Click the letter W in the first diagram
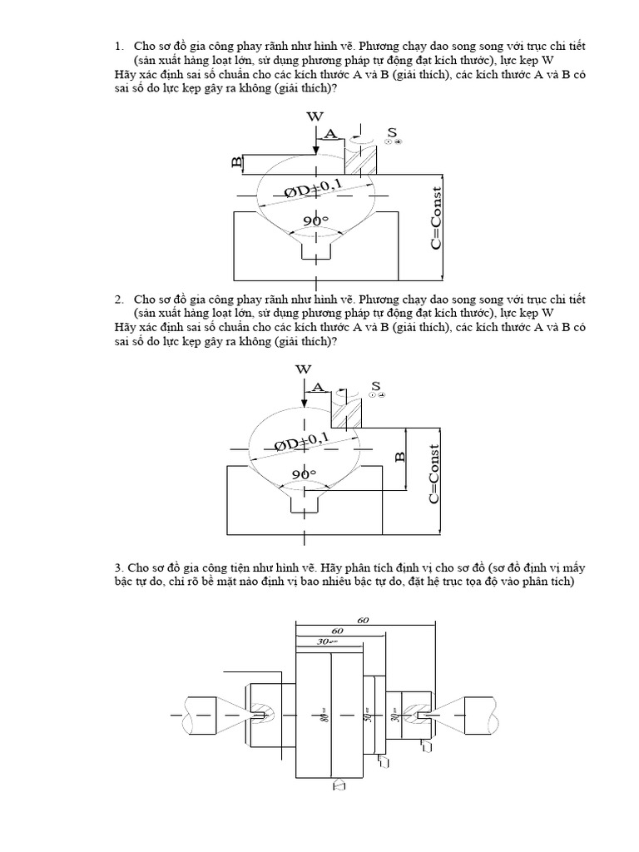[315, 116]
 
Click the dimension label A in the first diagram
[330, 133]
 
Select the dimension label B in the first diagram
[237, 161]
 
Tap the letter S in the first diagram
[392, 133]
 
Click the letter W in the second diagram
[303, 369]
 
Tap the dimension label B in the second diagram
[399, 457]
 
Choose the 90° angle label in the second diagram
[303, 473]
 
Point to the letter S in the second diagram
[375, 386]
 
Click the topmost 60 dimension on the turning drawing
[363, 621]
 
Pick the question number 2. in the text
[120, 299]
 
